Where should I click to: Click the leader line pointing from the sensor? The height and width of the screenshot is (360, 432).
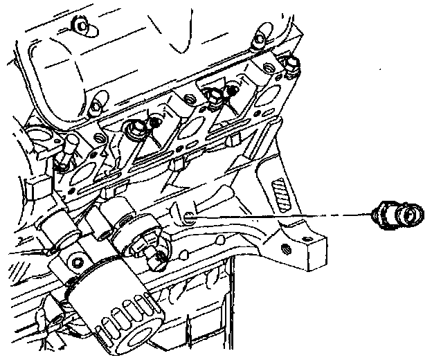[x=277, y=216]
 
